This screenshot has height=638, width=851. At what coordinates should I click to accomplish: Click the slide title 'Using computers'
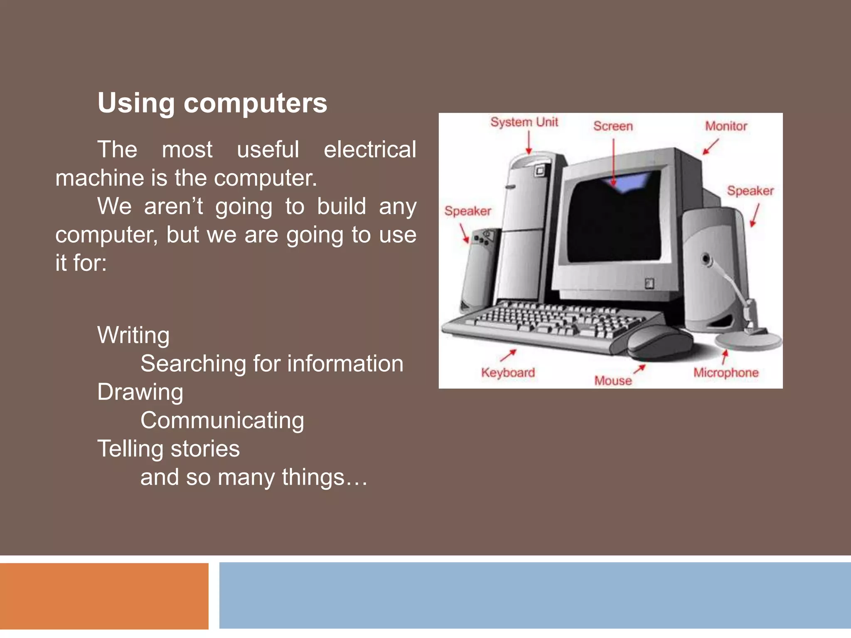click(x=212, y=103)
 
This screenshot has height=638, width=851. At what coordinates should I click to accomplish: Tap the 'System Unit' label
click(x=524, y=122)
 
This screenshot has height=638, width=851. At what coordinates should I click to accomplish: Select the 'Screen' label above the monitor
click(x=613, y=126)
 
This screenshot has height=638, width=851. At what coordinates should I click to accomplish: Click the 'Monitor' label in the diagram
click(x=726, y=126)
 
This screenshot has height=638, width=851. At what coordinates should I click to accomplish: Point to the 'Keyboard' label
click(x=508, y=372)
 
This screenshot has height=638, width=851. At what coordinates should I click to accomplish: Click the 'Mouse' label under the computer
click(x=613, y=380)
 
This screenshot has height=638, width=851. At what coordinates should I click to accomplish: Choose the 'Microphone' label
click(x=726, y=373)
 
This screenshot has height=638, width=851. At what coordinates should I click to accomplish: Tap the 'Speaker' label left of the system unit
click(x=467, y=211)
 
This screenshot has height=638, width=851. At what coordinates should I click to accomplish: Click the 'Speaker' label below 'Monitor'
click(x=750, y=191)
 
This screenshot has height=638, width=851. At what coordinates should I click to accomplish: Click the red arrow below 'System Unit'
click(x=529, y=143)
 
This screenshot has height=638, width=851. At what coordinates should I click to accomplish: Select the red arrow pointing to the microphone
click(x=725, y=357)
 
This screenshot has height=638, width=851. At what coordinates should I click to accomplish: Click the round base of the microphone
click(x=748, y=341)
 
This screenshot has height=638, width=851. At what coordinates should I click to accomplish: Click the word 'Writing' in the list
click(x=133, y=335)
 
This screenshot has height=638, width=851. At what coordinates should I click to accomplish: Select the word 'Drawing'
click(x=140, y=392)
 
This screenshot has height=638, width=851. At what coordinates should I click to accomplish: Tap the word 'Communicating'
click(x=222, y=420)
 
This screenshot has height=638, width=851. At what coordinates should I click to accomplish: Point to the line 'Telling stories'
click(x=168, y=449)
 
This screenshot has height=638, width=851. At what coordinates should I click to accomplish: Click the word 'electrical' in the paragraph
click(x=369, y=150)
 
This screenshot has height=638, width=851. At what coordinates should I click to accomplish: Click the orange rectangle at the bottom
click(x=104, y=596)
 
